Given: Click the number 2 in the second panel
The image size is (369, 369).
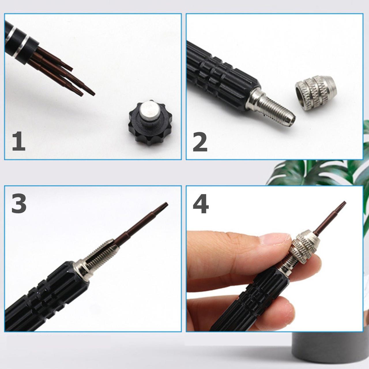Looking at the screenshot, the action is [x=200, y=142].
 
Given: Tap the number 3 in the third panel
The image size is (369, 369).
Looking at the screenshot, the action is [x=19, y=204].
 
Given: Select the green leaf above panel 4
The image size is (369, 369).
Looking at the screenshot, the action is [x=314, y=172].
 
